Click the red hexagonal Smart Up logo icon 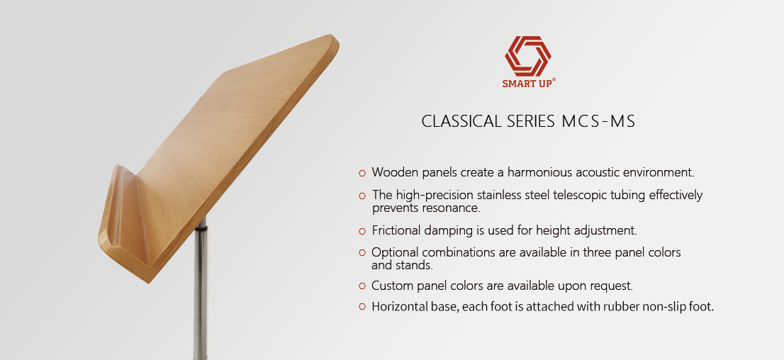point(528,56)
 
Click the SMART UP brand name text point(528,84)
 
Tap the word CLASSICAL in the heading point(462,121)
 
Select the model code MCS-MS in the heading point(598,121)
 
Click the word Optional point(396,252)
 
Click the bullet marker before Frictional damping point(362,231)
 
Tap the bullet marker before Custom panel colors point(362,286)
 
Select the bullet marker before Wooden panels point(362,173)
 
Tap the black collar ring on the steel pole point(201,228)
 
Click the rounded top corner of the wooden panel point(331,39)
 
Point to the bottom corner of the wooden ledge point(148,282)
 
